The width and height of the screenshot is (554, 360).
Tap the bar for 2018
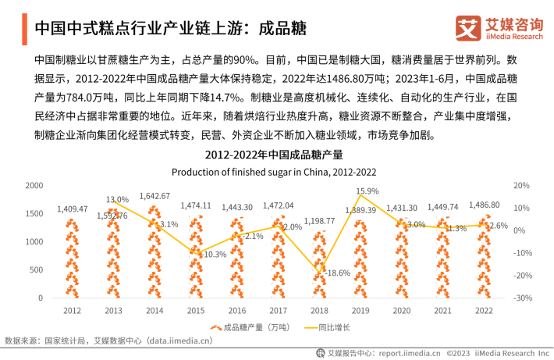coord(319,266)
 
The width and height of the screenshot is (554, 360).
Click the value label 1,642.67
coord(154,196)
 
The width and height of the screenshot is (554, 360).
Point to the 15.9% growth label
coord(367,191)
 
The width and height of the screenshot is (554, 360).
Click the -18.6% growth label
coord(336,273)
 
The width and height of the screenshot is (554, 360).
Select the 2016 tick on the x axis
coord(237,310)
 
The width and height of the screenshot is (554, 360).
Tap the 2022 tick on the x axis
coord(484,310)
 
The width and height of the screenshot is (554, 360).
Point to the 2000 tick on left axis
coord(34,185)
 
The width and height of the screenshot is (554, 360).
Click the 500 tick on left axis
coord(37,269)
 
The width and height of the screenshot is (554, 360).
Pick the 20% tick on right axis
coord(522,185)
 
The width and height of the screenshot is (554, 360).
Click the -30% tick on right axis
coord(521,298)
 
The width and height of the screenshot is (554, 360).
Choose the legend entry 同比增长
coord(332,327)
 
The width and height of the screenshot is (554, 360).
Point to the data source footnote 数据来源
coord(108,340)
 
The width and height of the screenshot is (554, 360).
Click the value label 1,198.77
coord(320,221)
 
